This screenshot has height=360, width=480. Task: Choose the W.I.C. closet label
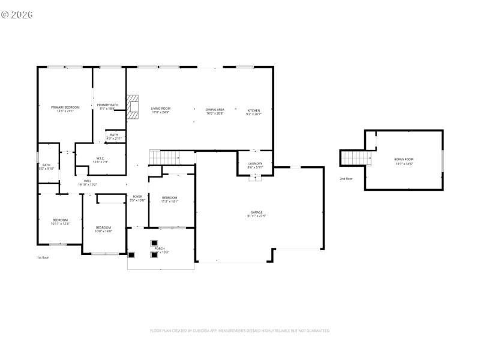coord(100,160)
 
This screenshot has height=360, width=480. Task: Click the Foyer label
coord(137,198)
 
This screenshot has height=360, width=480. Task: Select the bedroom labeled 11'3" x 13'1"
coord(169,199)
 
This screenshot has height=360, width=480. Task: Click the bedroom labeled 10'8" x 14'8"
coord(104,229)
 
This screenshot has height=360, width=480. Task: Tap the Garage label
coord(256,214)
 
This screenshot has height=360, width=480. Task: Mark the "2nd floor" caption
coord(346,179)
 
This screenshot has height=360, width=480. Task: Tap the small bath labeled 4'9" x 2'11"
coord(114,136)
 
